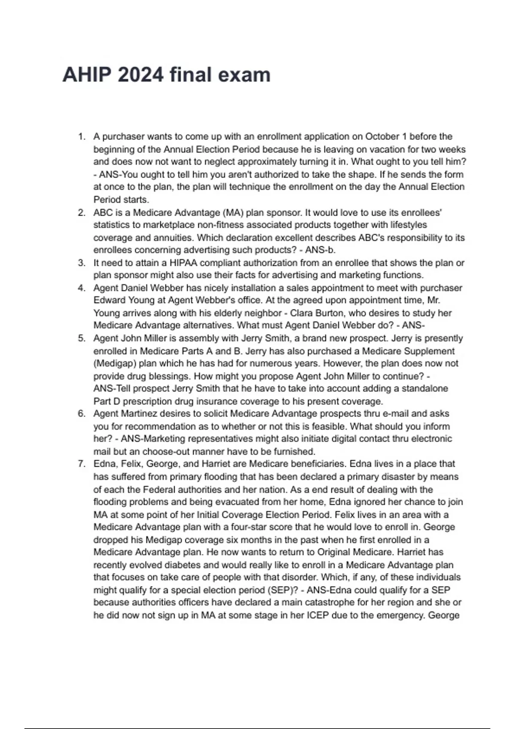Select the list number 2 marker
(82, 213)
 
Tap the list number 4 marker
(82, 288)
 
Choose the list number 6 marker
(82, 414)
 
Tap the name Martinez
(140, 414)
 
